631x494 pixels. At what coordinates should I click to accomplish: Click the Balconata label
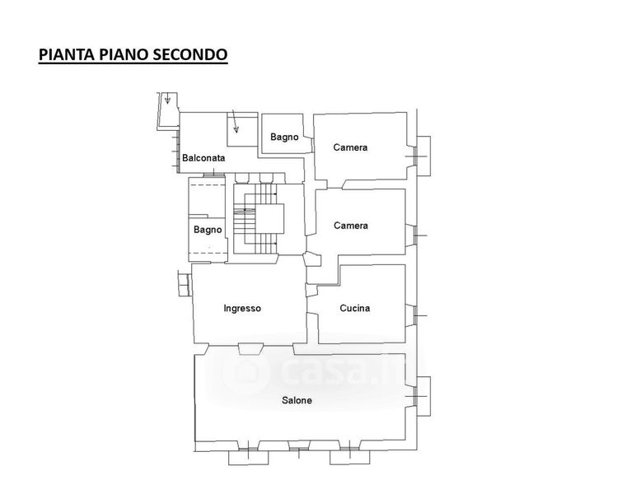[203, 157]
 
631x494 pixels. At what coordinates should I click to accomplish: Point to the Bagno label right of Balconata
[284, 137]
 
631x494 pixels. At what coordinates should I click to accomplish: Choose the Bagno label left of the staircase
[208, 230]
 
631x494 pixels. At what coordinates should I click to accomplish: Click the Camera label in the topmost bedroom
[350, 148]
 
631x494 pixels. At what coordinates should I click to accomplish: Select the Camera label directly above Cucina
[350, 226]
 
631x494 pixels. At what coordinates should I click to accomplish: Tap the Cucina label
[355, 309]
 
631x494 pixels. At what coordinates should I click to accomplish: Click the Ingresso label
[242, 309]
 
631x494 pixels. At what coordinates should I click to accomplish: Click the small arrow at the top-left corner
[167, 100]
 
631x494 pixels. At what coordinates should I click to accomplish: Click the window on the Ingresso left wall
[184, 282]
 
